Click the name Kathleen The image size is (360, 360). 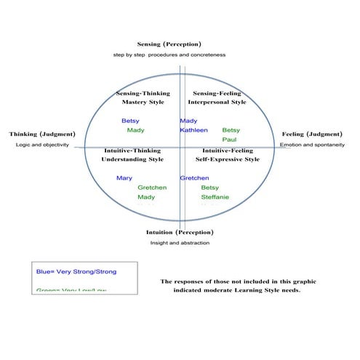[x=194, y=130]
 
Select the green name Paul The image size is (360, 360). [x=229, y=140]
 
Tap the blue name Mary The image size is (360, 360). [x=124, y=178]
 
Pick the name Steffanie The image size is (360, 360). [x=215, y=197]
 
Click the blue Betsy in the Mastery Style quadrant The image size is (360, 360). [x=130, y=121]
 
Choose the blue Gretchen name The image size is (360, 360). [x=195, y=178]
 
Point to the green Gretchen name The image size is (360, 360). [x=152, y=188]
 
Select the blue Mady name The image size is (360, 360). [x=188, y=121]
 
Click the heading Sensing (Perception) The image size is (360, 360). [x=169, y=44]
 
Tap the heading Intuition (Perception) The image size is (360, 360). [x=180, y=232]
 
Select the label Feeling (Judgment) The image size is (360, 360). [x=312, y=135]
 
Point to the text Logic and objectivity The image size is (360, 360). [x=42, y=145]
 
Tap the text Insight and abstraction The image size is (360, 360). [x=180, y=242]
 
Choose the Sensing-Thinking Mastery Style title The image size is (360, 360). [x=143, y=97]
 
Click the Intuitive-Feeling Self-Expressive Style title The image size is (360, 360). [x=226, y=154]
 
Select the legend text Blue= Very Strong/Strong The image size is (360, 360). [x=76, y=271]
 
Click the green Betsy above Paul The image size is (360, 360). [x=231, y=130]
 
